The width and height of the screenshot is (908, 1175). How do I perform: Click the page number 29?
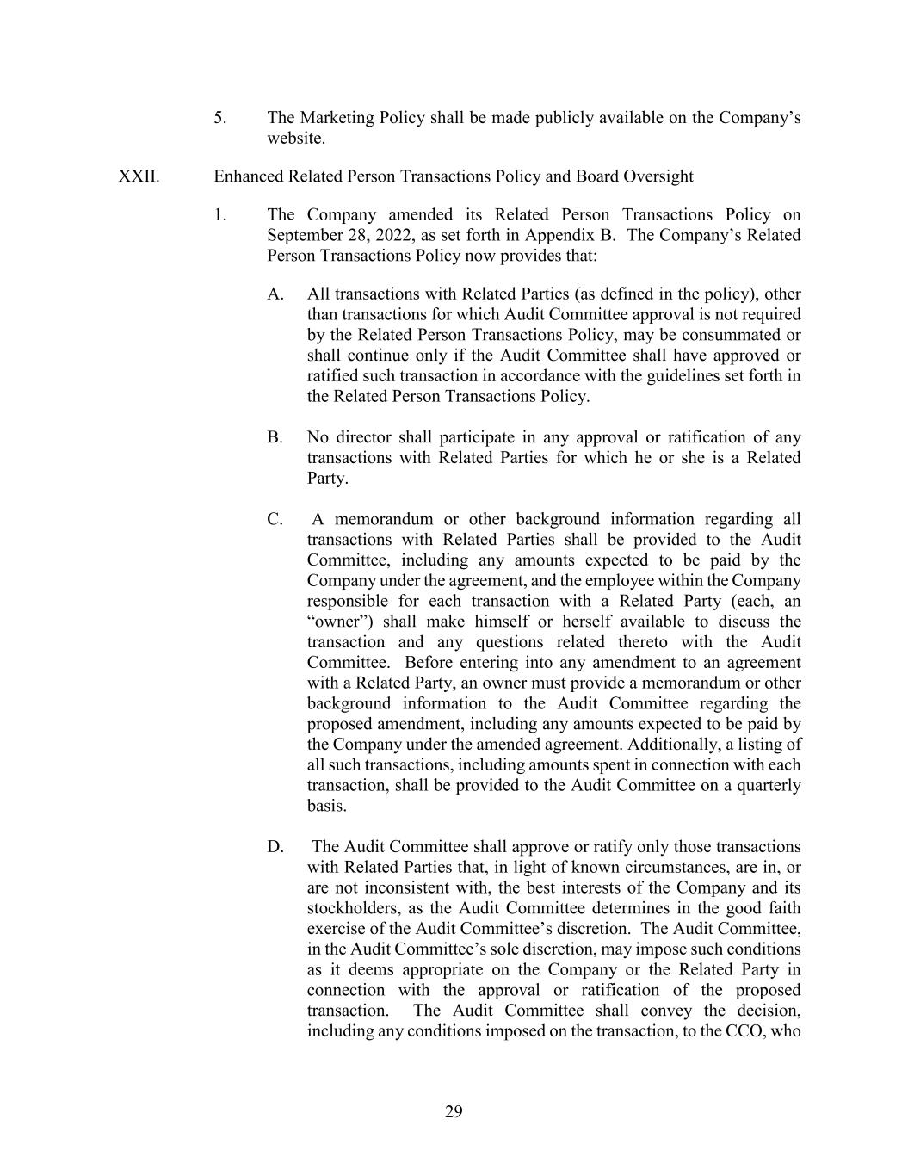(x=454, y=1112)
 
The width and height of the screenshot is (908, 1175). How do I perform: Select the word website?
(x=295, y=139)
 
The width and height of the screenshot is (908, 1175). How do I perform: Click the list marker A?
(x=275, y=294)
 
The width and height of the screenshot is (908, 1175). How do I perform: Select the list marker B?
(x=275, y=438)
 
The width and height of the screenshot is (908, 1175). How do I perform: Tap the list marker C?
(x=275, y=520)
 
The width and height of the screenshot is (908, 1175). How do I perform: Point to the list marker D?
(x=275, y=848)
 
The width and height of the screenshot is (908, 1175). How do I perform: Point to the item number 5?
(x=220, y=118)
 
